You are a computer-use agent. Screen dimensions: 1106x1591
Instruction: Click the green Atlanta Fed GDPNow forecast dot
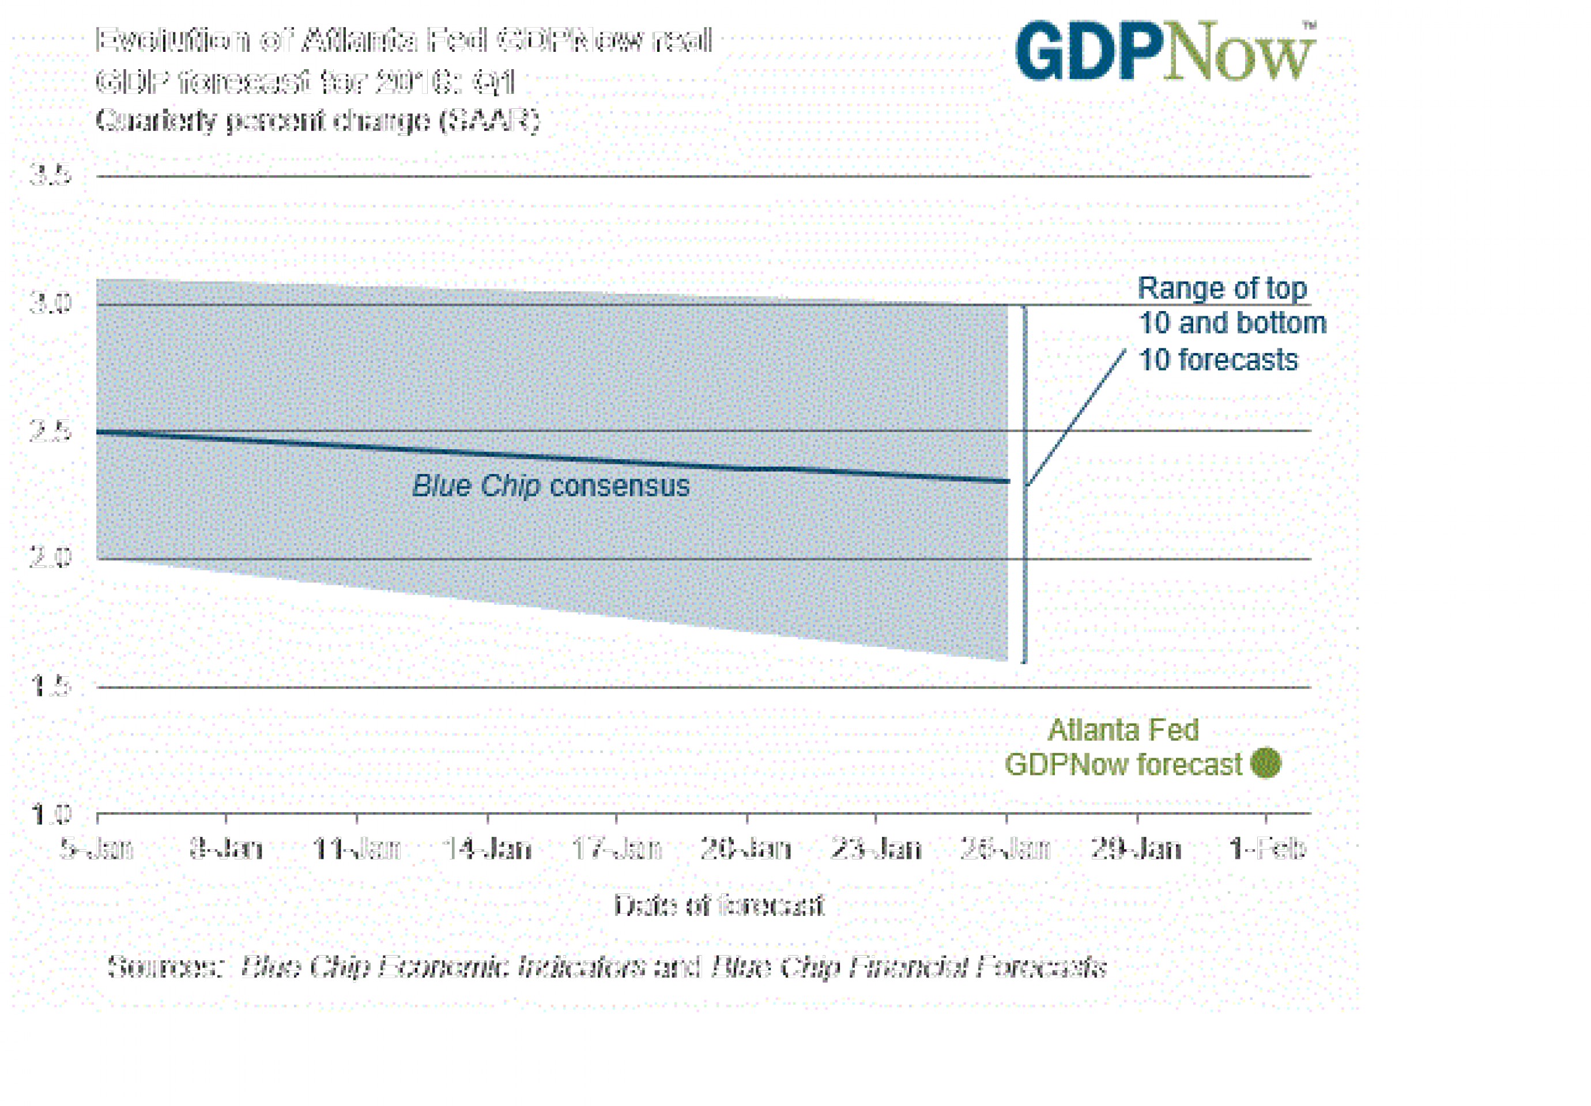coord(1265,763)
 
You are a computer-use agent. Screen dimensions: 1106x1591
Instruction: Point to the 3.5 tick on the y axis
coord(51,175)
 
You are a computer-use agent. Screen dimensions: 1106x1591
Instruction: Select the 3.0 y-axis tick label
coord(51,302)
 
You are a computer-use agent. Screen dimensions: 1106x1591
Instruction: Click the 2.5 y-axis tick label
coord(51,431)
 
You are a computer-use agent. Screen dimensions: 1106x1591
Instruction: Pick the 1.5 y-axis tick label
coord(51,685)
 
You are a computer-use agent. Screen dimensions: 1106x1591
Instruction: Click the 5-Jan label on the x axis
coord(96,849)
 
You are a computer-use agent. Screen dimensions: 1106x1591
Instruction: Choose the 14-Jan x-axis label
coord(487,849)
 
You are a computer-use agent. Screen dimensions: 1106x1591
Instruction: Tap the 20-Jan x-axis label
coord(745,849)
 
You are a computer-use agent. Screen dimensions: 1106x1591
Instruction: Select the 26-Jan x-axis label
coord(1005,849)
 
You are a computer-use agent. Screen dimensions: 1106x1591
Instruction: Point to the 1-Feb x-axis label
coord(1266,849)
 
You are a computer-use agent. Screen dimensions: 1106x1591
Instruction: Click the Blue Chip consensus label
coord(551,486)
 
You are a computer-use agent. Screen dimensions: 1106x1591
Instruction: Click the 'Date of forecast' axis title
coord(719,905)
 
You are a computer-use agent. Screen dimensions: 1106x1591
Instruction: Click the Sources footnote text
coord(606,966)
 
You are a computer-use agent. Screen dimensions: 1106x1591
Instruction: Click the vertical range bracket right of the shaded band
coord(1025,485)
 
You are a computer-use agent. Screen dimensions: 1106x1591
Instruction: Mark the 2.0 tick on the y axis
coord(51,558)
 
